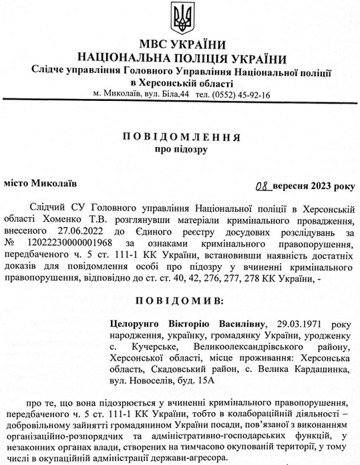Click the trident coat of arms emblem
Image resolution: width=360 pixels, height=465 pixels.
[x=180, y=14]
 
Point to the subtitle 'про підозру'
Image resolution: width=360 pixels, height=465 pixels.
[x=180, y=150]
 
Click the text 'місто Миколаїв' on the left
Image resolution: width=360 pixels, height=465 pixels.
[x=36, y=181]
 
